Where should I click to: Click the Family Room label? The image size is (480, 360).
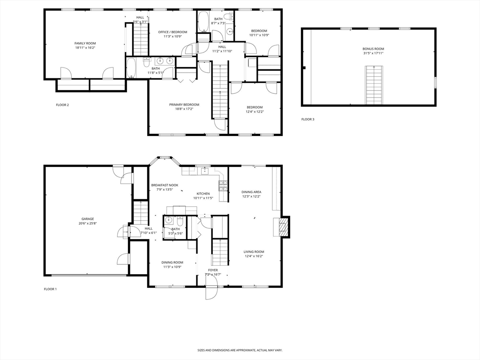[x=85, y=43]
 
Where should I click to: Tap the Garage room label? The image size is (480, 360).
[x=88, y=219]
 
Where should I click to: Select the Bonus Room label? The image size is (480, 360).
[x=373, y=49]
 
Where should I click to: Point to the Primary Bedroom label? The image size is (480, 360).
[x=184, y=105]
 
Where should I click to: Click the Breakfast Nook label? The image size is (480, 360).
[x=165, y=185]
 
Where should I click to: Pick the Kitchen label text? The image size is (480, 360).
[x=203, y=193]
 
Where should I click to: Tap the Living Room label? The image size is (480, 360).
[x=254, y=252]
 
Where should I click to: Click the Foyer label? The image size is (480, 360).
[x=213, y=270]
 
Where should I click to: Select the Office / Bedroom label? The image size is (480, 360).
[x=172, y=32]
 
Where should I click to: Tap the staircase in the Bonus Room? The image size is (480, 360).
[x=374, y=85]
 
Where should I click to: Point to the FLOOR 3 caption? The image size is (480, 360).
[x=308, y=120]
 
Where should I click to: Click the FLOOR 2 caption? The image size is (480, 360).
[x=62, y=105]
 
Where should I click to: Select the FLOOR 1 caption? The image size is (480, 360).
[x=50, y=289]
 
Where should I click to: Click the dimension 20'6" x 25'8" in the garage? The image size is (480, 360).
[x=88, y=224]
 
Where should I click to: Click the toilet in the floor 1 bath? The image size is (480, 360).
[x=180, y=220]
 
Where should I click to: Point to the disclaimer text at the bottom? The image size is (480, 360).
[x=240, y=350]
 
